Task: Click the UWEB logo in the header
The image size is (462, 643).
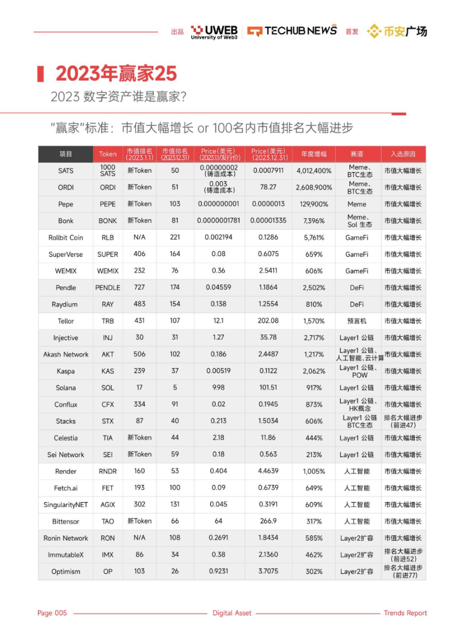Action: [214, 32]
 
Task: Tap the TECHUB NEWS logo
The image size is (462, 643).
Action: [292, 31]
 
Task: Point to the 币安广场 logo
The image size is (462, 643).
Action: [397, 31]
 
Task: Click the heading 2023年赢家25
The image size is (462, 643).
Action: [116, 74]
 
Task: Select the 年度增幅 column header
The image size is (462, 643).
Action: [313, 154]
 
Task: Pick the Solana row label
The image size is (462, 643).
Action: [66, 388]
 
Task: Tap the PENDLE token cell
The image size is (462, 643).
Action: [108, 288]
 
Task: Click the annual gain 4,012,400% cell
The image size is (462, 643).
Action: [314, 171]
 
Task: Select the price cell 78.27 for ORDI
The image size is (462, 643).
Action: [268, 187]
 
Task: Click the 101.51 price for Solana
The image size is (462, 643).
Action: [268, 388]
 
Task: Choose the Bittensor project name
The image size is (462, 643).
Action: [66, 521]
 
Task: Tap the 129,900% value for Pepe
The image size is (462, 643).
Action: [314, 204]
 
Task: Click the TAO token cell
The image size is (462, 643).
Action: [108, 521]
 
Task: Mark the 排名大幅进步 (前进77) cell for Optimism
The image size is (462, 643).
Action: [403, 571]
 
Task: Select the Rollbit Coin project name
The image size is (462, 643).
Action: [66, 238]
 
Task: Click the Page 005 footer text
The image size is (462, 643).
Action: [52, 613]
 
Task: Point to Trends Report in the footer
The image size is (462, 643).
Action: [405, 613]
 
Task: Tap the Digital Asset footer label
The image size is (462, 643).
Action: [232, 613]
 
